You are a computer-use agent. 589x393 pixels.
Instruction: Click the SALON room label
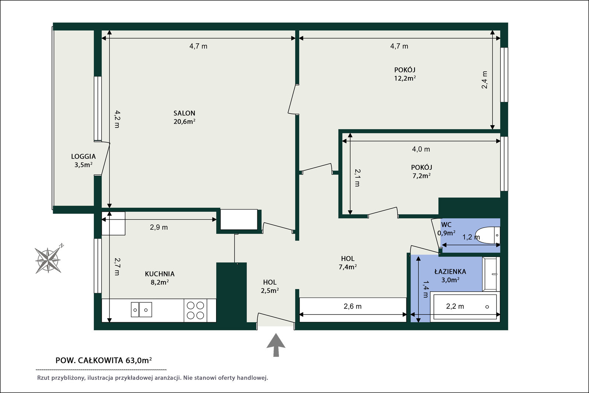184,113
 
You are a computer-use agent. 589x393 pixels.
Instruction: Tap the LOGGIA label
83,157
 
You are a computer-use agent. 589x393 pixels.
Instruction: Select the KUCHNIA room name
160,274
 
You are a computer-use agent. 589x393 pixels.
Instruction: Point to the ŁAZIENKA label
450,271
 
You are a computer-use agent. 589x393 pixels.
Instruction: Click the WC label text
446,225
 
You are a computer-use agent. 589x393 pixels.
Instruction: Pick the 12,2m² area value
405,78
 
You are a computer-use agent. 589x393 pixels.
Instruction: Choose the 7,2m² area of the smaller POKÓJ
421,176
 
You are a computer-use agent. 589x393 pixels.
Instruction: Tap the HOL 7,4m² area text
348,267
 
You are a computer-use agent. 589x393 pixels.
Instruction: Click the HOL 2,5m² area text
270,291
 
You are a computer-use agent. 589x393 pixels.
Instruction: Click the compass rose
48,260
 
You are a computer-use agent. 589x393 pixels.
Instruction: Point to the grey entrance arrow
276,345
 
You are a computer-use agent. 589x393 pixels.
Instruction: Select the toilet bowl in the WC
487,235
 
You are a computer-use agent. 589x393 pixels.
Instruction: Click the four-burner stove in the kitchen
195,310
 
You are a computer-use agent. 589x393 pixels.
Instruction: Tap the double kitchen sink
141,309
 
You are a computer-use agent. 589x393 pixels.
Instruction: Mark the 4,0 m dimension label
421,149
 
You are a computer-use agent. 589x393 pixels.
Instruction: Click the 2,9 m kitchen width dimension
159,227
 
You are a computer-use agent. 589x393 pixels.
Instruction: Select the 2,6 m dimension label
352,306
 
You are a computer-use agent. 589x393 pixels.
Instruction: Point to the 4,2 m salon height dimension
117,119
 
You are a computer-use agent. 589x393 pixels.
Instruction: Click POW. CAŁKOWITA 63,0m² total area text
103,360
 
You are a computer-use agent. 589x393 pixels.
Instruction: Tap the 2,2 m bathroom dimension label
455,306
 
